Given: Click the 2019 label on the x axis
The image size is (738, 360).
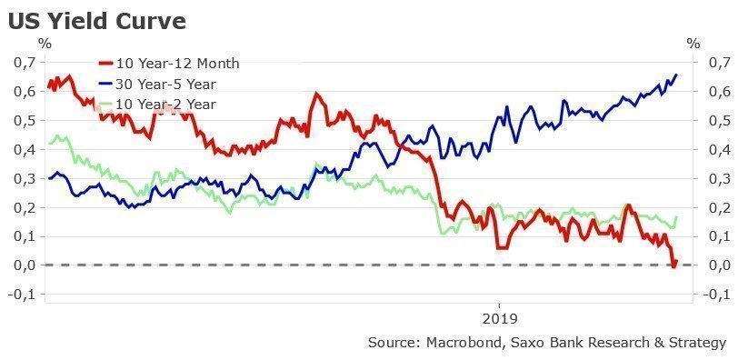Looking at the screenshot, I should pos(499,319).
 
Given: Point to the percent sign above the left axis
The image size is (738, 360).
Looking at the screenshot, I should pos(44,43).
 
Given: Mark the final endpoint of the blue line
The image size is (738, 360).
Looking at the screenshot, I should pos(676,75).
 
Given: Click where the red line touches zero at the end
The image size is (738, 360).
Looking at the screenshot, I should pos(673,265).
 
